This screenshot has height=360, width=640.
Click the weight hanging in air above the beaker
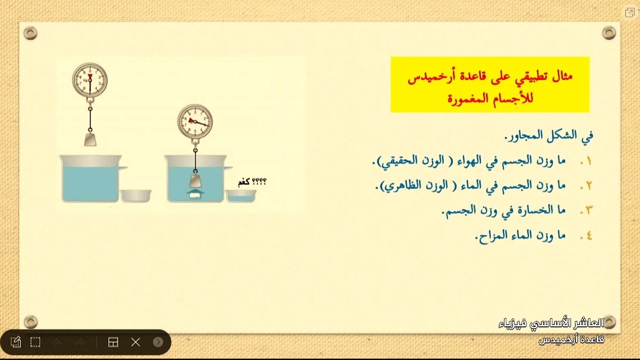[90, 139]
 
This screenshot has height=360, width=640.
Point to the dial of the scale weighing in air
[90, 79]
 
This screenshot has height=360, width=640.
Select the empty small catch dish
[135, 195]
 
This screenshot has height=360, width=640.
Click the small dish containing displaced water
[241, 195]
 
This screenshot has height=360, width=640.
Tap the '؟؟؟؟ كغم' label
[252, 182]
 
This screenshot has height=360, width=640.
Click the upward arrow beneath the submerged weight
[195, 192]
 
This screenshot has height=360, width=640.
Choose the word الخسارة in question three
[540, 210]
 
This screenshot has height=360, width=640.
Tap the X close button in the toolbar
[135, 342]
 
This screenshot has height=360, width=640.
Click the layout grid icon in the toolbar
[113, 342]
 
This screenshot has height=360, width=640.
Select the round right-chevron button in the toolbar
[158, 342]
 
